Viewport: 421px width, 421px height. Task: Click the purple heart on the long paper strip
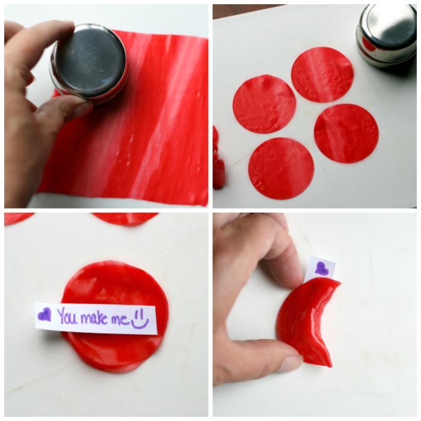(45, 315)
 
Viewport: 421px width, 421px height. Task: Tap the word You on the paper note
(67, 316)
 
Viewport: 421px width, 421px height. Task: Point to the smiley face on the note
(140, 319)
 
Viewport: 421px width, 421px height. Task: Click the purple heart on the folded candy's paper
(321, 268)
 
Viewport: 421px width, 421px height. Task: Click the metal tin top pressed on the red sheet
(88, 63)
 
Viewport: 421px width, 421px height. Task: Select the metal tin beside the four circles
(387, 36)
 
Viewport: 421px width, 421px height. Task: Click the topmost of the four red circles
(322, 75)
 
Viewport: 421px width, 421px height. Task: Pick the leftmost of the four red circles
(265, 104)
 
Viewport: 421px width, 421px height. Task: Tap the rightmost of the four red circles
(346, 133)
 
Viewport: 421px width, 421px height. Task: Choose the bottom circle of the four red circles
(281, 168)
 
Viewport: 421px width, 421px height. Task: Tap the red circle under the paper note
(115, 317)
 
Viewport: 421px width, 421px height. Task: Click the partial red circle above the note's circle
(125, 218)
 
